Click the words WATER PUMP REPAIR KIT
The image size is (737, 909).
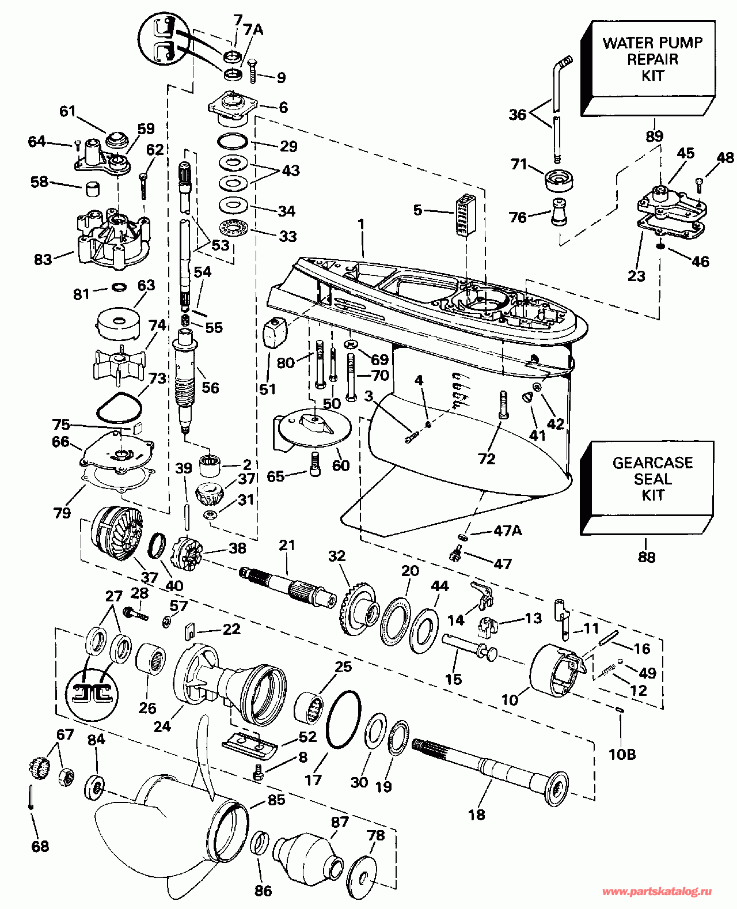click(x=652, y=59)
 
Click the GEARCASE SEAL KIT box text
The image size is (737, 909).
click(x=652, y=479)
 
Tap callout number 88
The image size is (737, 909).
click(x=646, y=557)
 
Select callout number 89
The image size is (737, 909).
click(x=655, y=137)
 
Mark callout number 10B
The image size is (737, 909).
click(x=622, y=753)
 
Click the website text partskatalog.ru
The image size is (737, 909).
click(x=657, y=891)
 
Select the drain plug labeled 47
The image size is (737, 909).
click(x=455, y=554)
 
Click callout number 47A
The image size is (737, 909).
click(x=507, y=531)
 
